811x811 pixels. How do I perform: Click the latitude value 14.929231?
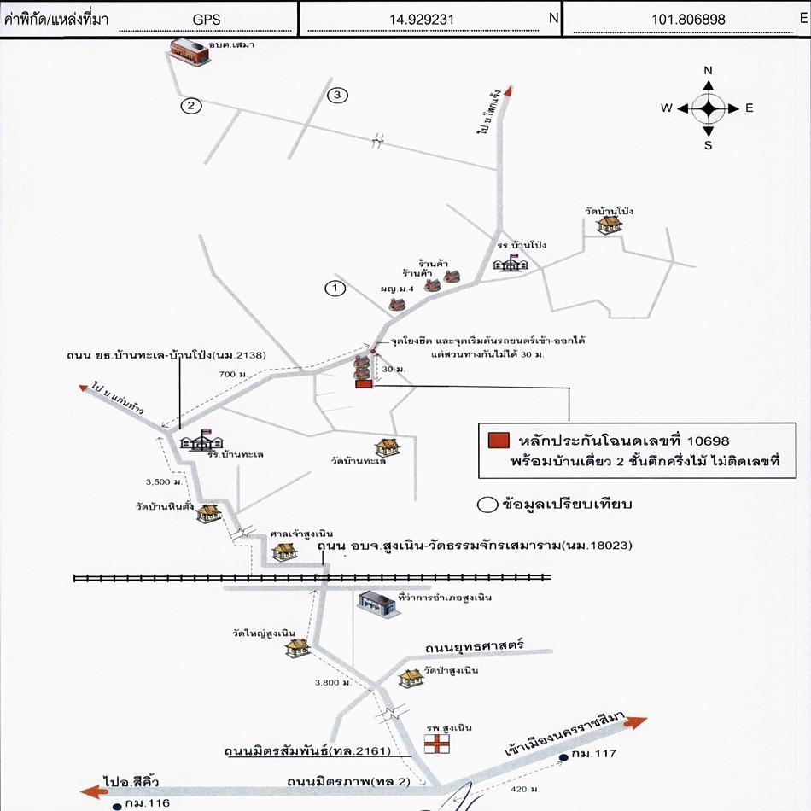coord(430,17)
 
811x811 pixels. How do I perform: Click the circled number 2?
coord(191,106)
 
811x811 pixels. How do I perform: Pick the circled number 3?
coord(337,95)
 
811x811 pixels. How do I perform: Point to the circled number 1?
coord(335,288)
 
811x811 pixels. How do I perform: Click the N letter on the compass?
coord(708,71)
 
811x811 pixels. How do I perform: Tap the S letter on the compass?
coord(708,144)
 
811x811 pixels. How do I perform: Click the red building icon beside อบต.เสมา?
coord(189,50)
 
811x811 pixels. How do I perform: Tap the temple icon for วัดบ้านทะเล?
coord(388,447)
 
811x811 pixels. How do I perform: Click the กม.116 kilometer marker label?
coord(148,803)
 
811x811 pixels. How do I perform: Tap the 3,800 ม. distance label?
coord(327,682)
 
